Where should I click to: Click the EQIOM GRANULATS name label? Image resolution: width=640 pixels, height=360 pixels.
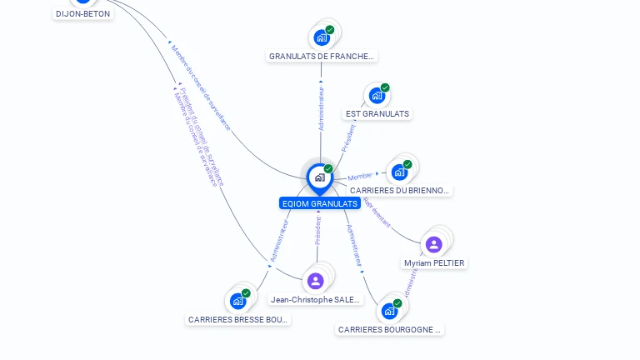point(320,203)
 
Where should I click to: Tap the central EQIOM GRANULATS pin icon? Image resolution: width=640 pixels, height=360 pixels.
point(320,177)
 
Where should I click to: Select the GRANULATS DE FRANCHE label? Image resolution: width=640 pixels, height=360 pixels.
point(322,56)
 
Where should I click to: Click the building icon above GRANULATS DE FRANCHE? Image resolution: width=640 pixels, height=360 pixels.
point(322,37)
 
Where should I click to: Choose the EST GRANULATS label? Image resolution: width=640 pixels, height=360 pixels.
point(377,113)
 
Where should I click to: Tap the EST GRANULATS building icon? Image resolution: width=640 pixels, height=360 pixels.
point(377,96)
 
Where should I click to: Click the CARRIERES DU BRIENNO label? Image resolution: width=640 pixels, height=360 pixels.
point(399,190)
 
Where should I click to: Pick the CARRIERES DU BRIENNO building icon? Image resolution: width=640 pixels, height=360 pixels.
point(399,172)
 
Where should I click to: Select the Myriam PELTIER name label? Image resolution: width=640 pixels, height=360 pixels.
point(434,262)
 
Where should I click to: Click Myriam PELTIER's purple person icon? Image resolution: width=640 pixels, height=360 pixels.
point(433,244)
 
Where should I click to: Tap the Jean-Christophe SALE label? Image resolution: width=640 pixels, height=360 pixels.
point(316,299)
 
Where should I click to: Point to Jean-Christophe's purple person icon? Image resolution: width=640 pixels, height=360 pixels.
point(315,281)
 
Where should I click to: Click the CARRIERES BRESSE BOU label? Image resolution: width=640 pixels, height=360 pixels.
point(238,319)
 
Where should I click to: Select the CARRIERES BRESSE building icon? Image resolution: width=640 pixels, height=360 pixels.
point(238,301)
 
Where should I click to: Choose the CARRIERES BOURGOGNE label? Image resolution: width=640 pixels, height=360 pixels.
point(389,329)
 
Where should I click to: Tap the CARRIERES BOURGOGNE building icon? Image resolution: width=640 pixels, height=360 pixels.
point(388,311)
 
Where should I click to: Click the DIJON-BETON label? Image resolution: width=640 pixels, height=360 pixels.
point(82,13)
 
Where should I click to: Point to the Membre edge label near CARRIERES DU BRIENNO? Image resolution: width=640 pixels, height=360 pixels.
point(360,177)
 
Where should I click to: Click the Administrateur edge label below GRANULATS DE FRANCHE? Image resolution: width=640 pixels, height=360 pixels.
point(321,108)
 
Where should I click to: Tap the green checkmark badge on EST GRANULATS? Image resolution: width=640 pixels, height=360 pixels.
point(385,87)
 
